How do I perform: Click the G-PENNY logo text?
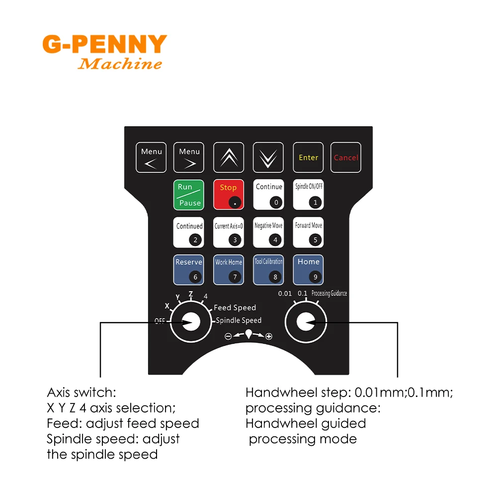[104, 45]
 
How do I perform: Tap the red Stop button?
[229, 194]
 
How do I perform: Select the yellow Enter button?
[308, 158]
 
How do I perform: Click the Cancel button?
[346, 158]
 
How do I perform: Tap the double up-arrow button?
[229, 158]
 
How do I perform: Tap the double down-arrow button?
[268, 158]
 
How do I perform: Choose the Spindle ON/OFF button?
[308, 194]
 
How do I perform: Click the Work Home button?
[229, 269]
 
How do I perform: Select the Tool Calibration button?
[268, 269]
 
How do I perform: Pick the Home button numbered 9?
[308, 269]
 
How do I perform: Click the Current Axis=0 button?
[229, 232]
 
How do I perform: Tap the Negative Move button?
[268, 232]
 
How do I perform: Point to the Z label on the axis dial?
[190, 294]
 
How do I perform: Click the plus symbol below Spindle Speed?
[269, 336]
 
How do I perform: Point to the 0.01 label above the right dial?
[285, 294]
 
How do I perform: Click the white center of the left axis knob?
[191, 322]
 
